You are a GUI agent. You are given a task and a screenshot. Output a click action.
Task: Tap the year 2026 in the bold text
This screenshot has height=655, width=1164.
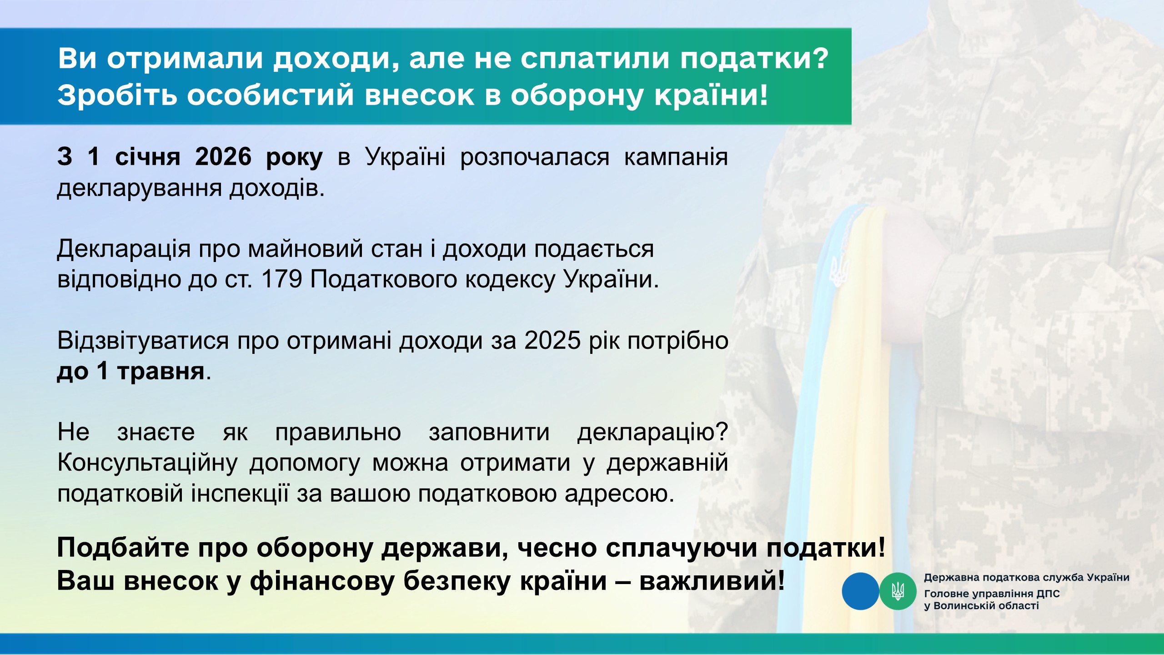coord(223,156)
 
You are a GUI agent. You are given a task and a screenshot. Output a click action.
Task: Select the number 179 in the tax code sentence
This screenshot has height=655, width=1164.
coord(282,279)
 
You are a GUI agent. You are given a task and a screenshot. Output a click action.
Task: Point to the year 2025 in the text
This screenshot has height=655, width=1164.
coord(552,340)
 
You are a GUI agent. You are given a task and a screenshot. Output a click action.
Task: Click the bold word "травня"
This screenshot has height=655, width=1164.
coord(161,371)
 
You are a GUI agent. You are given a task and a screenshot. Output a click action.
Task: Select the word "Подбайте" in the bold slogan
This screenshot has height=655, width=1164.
coord(123,548)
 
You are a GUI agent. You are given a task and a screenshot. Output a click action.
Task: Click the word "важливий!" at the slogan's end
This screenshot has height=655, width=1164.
coord(712,581)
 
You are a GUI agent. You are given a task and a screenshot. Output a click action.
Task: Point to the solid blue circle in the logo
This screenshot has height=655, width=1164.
coord(861,591)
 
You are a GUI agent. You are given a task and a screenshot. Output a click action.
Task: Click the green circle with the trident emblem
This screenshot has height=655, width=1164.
coord(898,591)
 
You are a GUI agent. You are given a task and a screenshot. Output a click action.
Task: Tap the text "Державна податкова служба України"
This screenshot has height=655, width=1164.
coord(1027,578)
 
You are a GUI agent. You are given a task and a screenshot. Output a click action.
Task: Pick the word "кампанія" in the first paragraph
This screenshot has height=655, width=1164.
coord(676,157)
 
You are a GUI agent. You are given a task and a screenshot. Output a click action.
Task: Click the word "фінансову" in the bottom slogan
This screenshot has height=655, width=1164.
coord(322,581)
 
